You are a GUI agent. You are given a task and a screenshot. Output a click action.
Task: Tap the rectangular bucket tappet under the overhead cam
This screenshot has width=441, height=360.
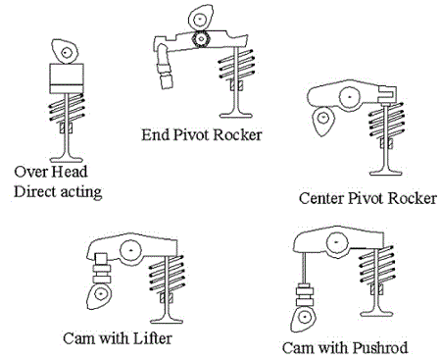tap(64, 79)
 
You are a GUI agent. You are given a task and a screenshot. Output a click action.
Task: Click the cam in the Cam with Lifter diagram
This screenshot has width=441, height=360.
tap(101, 296)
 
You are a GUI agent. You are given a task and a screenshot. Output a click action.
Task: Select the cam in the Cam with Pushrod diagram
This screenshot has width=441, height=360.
tap(306, 317)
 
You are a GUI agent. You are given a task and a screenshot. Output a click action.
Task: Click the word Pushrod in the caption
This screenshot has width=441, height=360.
tap(380, 348)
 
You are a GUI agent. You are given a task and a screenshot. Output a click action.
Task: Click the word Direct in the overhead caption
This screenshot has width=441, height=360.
tap(35, 190)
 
